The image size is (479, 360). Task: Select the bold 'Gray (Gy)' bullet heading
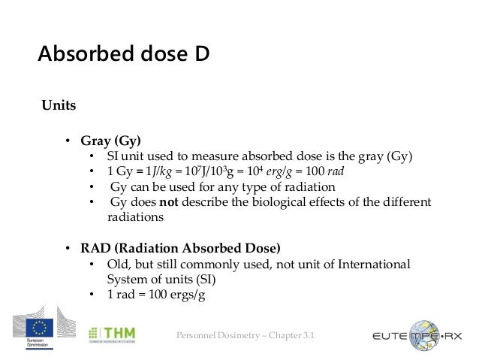pos(111,140)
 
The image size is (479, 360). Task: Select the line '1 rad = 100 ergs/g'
pos(155,295)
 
